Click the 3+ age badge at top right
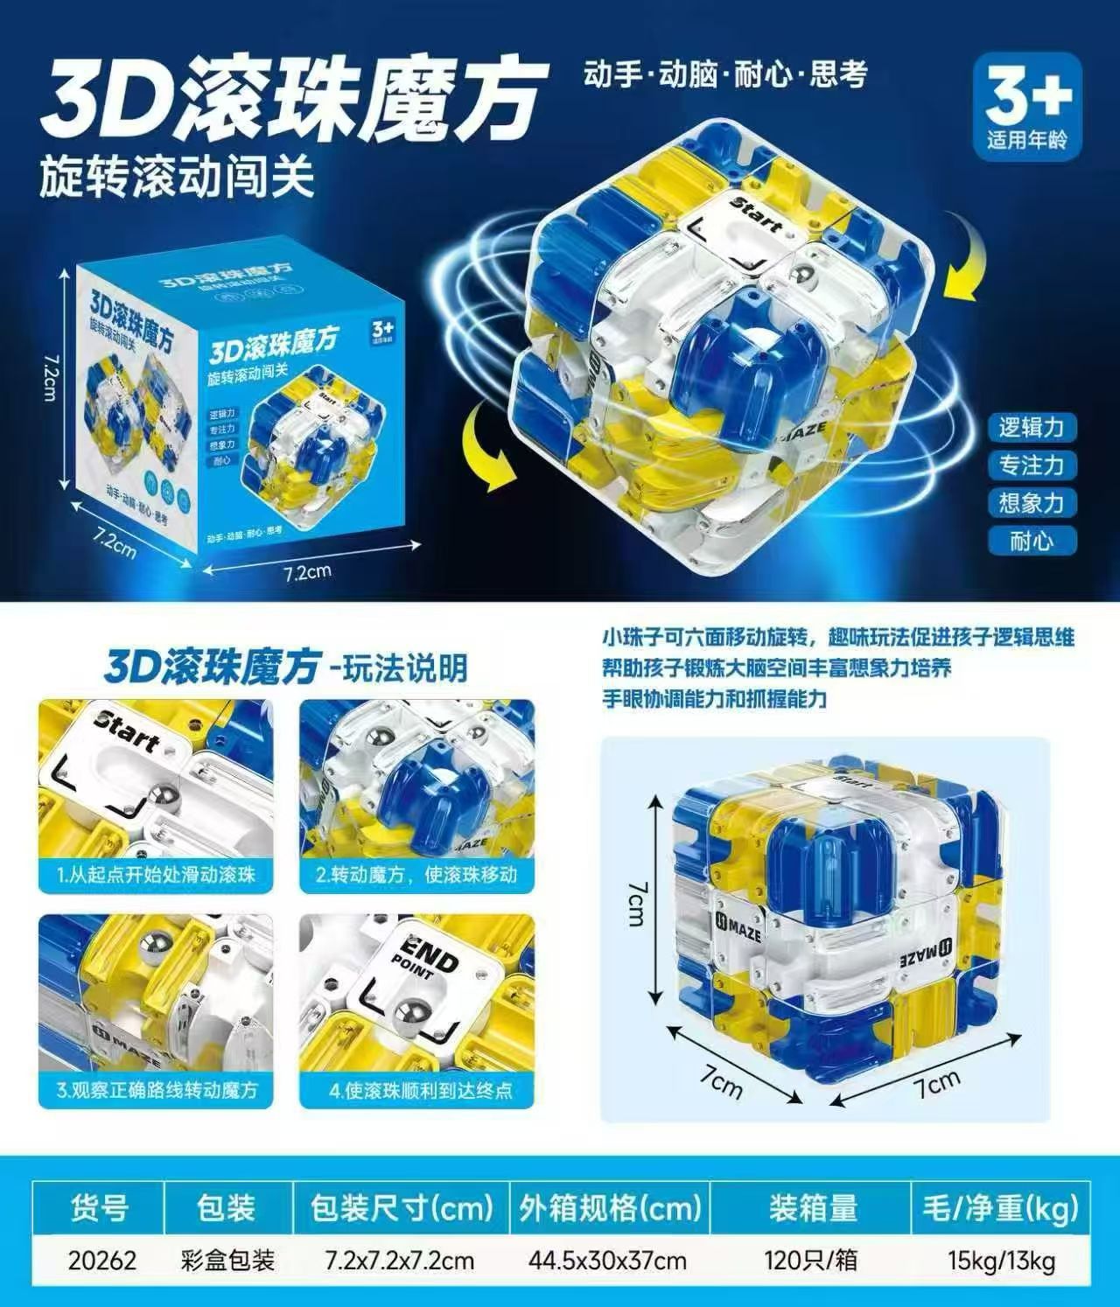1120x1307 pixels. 1026,104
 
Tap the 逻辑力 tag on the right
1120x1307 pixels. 1032,427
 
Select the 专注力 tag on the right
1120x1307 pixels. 1032,465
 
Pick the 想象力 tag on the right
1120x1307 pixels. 1032,502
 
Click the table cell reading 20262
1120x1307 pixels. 102,1260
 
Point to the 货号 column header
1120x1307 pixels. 99,1208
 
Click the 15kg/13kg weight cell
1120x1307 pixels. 1001,1260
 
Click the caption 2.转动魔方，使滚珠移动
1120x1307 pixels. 416,874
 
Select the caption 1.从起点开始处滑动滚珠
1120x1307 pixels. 156,874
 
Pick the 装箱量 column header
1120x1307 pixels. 813,1208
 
